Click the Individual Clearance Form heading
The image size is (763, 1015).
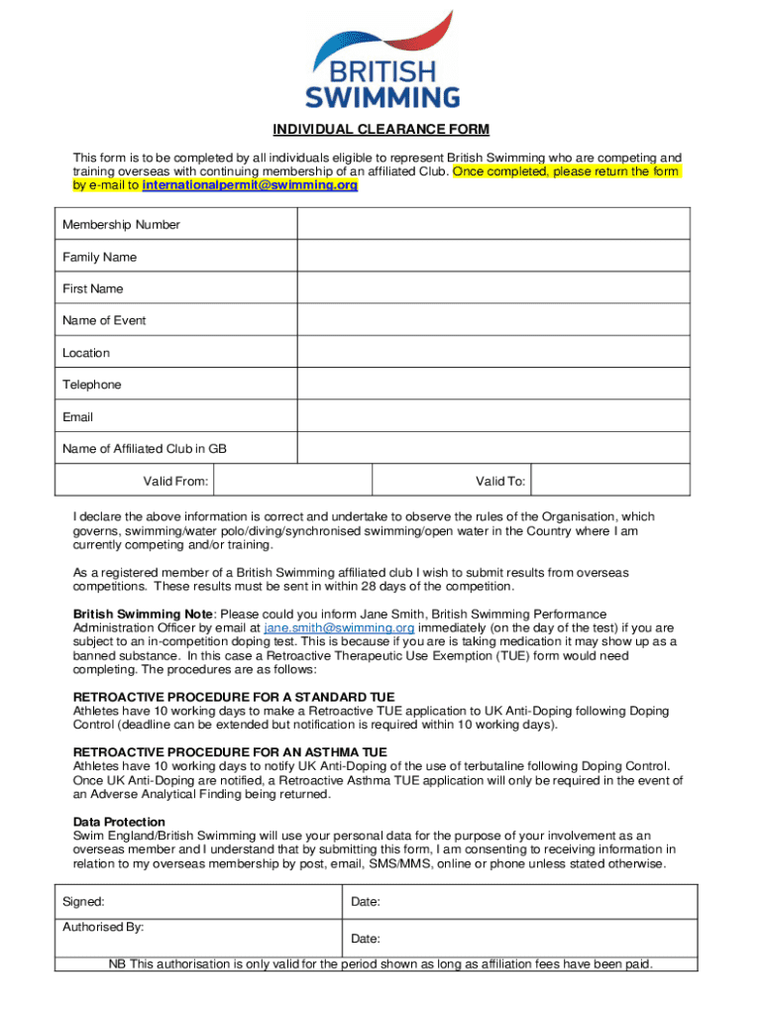coord(381,130)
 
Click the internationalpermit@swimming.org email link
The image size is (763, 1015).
coord(250,185)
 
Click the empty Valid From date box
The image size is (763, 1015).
coord(293,482)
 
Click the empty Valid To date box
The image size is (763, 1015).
coord(610,482)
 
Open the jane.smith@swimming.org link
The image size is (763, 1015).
coord(339,628)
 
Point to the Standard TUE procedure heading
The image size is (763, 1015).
coord(235,698)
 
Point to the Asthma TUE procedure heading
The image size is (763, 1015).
coord(230,752)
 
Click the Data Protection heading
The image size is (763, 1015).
coord(119,822)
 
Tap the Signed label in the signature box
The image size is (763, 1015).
coord(83,902)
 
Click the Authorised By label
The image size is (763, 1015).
coord(103,927)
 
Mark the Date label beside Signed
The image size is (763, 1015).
coord(366,902)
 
